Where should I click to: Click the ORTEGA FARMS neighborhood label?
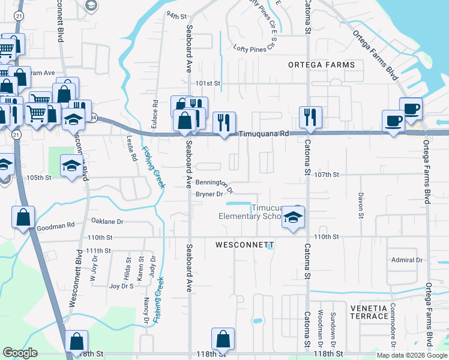(x=321, y=65)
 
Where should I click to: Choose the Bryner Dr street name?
(x=209, y=194)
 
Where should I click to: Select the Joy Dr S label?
(x=121, y=286)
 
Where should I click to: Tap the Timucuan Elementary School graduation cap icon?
(x=294, y=217)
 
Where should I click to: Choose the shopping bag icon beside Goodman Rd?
(x=23, y=217)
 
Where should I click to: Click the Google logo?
(x=20, y=353)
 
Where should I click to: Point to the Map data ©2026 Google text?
(x=411, y=355)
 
